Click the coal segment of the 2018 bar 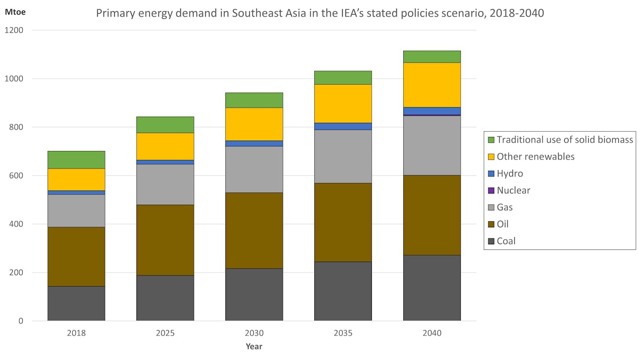pos(76,304)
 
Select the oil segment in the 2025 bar pos(165,240)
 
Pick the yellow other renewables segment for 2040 pos(432,85)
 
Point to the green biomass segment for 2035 pos(343,78)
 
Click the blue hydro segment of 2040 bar pos(432,111)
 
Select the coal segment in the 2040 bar pos(432,288)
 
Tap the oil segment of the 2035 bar pos(343,222)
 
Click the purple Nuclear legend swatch pos(491,191)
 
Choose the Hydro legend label pos(510,174)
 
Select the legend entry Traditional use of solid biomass pos(565,140)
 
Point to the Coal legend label pos(506,241)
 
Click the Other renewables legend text pos(536,157)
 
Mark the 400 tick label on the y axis pos(17,224)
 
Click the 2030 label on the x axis pos(254,333)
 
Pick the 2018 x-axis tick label pos(76,333)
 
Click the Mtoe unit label pos(15,12)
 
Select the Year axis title pos(254,347)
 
